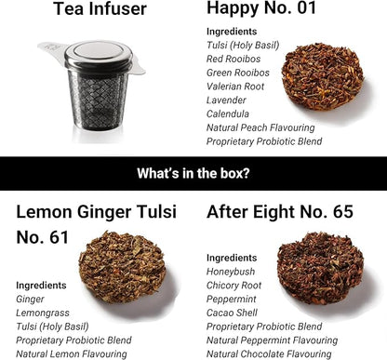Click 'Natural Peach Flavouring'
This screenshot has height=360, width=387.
point(260,127)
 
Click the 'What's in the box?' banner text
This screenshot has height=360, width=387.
point(193,171)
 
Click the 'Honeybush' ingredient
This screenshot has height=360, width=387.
point(230,271)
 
